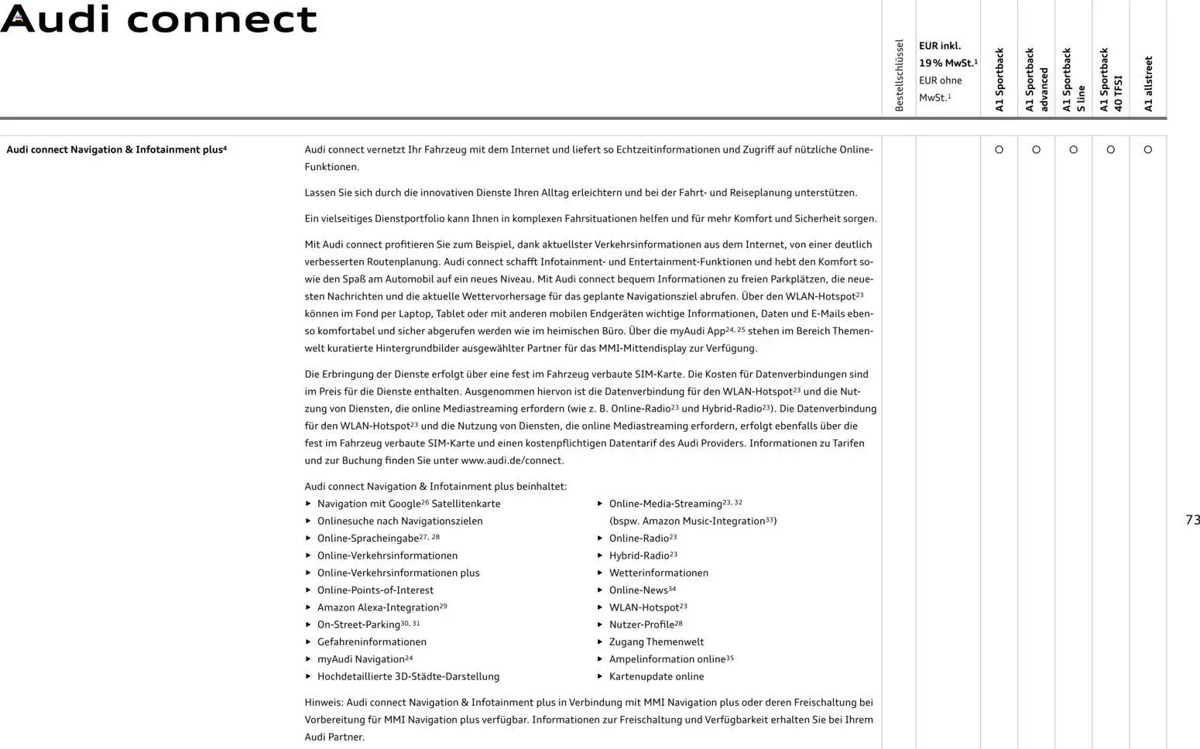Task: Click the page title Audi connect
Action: pos(159,19)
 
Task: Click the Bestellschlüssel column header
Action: pos(899,75)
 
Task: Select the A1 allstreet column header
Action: pos(1148,84)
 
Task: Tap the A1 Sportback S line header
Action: pos(1073,80)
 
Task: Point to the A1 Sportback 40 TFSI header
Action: pos(1110,80)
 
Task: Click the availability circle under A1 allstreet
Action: pos(1148,149)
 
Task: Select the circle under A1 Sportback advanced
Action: pos(1036,149)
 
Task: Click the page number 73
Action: pos(1192,520)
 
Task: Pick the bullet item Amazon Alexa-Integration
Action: pos(378,607)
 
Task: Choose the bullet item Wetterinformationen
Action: pos(658,573)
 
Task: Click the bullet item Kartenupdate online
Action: pos(657,676)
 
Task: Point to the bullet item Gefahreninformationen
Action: pos(372,641)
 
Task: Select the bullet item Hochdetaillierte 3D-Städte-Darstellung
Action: pos(408,676)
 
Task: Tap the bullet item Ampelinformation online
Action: pos(667,659)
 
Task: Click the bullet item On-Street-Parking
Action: pos(358,624)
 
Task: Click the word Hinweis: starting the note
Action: pos(324,703)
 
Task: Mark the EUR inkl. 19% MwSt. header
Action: pos(948,54)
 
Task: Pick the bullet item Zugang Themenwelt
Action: pos(657,641)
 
